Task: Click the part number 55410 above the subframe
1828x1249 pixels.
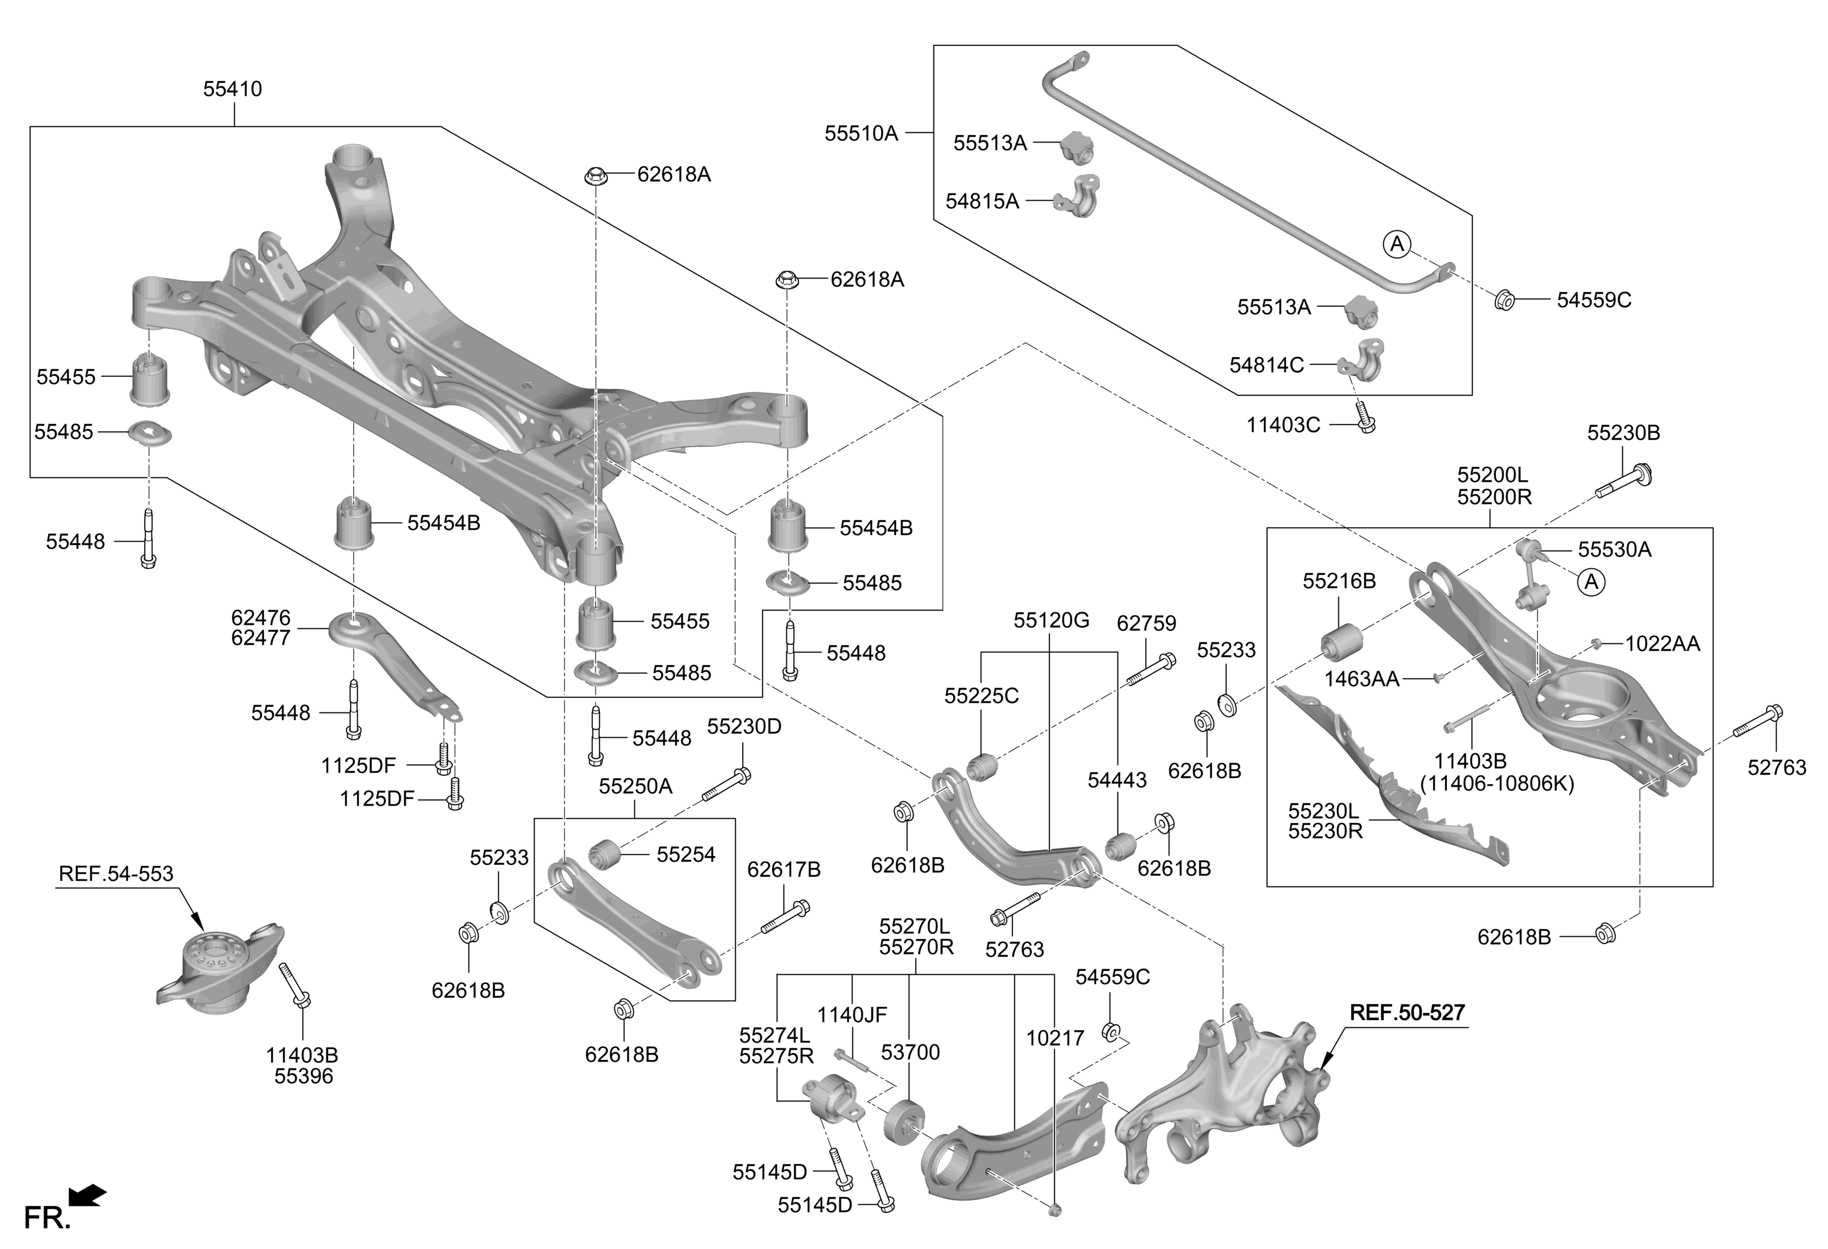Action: pos(232,89)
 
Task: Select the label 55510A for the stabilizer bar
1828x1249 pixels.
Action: pos(860,134)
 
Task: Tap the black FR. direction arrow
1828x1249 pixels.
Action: pos(87,1195)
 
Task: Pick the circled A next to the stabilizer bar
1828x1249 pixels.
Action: pos(1397,245)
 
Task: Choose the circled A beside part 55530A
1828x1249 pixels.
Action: pos(1591,583)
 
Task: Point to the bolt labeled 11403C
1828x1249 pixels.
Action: pos(1365,419)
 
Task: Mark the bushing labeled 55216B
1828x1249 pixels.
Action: pos(1339,644)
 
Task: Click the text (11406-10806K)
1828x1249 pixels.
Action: pos(1497,784)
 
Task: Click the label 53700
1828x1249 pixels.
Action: pos(910,1052)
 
